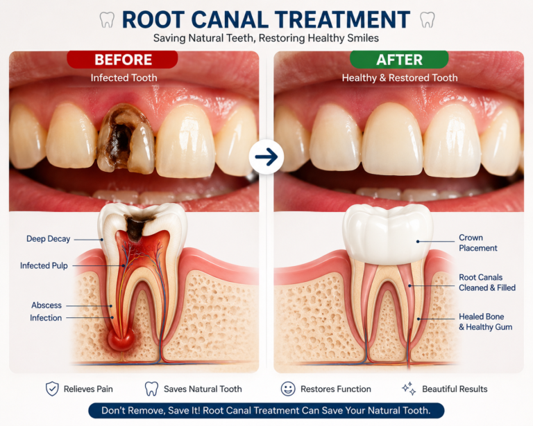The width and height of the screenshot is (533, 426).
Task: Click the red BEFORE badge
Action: point(122,60)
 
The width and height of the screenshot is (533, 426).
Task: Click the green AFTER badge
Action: point(399,60)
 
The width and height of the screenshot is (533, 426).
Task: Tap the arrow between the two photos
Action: point(266,157)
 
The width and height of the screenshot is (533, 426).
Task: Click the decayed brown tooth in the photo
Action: point(125,139)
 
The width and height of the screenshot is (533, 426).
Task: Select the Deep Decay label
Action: point(49,239)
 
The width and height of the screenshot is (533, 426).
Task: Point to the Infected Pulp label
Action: point(44,265)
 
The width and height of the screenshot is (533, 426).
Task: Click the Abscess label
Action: point(46,305)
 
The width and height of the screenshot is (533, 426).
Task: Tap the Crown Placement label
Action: point(478,242)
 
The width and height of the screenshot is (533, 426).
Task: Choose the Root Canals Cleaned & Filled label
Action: point(487,282)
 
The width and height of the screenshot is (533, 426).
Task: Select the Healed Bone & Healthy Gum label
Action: point(485,321)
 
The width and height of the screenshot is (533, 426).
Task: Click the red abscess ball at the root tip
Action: point(121,340)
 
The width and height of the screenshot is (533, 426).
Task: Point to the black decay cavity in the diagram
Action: point(136,227)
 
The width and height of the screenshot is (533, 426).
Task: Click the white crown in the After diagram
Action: point(387,233)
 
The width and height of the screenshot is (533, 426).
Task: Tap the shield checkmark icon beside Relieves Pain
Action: point(52,389)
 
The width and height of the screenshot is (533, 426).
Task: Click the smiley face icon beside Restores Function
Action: point(288,389)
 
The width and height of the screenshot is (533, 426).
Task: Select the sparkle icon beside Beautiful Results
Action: point(409,389)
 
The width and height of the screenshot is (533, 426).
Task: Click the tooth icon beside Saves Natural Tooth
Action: point(151,389)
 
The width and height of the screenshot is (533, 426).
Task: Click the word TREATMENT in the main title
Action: point(343,19)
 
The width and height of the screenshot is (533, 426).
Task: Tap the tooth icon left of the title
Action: point(107,19)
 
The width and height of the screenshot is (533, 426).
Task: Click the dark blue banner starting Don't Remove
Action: point(266,410)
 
